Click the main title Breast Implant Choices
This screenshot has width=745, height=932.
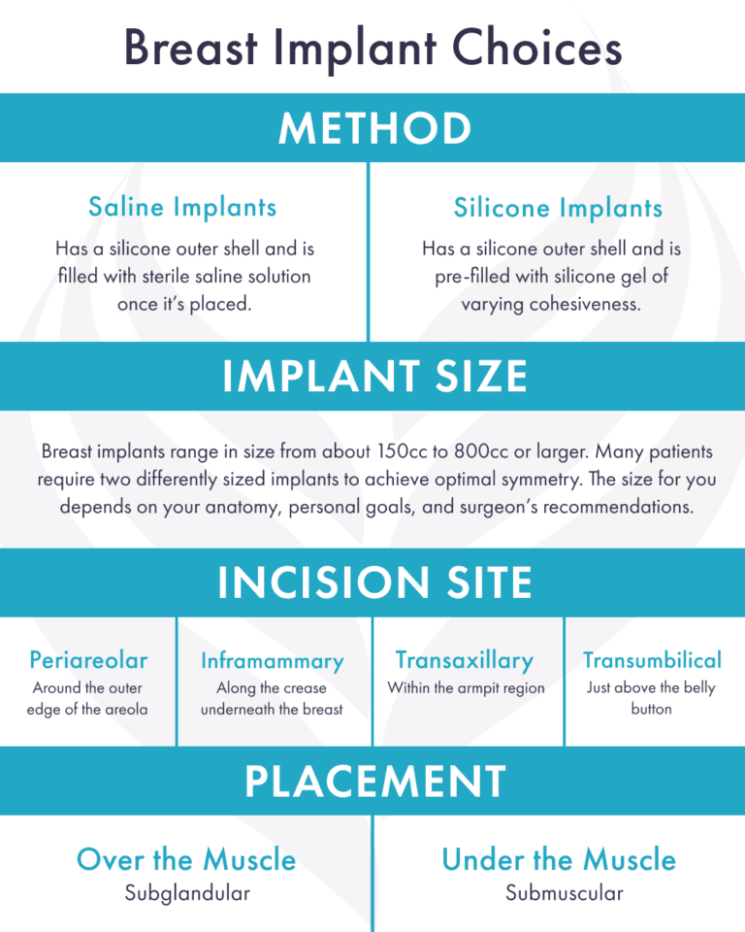[372, 48]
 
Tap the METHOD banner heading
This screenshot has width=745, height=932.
[372, 128]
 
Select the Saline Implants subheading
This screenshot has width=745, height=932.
[182, 207]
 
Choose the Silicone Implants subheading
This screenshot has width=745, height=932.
[558, 208]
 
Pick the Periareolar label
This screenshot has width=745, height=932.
[88, 661]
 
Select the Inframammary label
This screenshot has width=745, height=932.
[272, 661]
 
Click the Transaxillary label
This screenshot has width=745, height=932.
[465, 661]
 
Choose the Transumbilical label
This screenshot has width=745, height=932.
[652, 661]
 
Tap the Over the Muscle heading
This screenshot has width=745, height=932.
[186, 859]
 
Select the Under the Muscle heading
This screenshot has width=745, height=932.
[558, 859]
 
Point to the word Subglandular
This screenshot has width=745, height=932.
[186, 893]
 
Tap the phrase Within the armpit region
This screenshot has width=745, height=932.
[466, 688]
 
